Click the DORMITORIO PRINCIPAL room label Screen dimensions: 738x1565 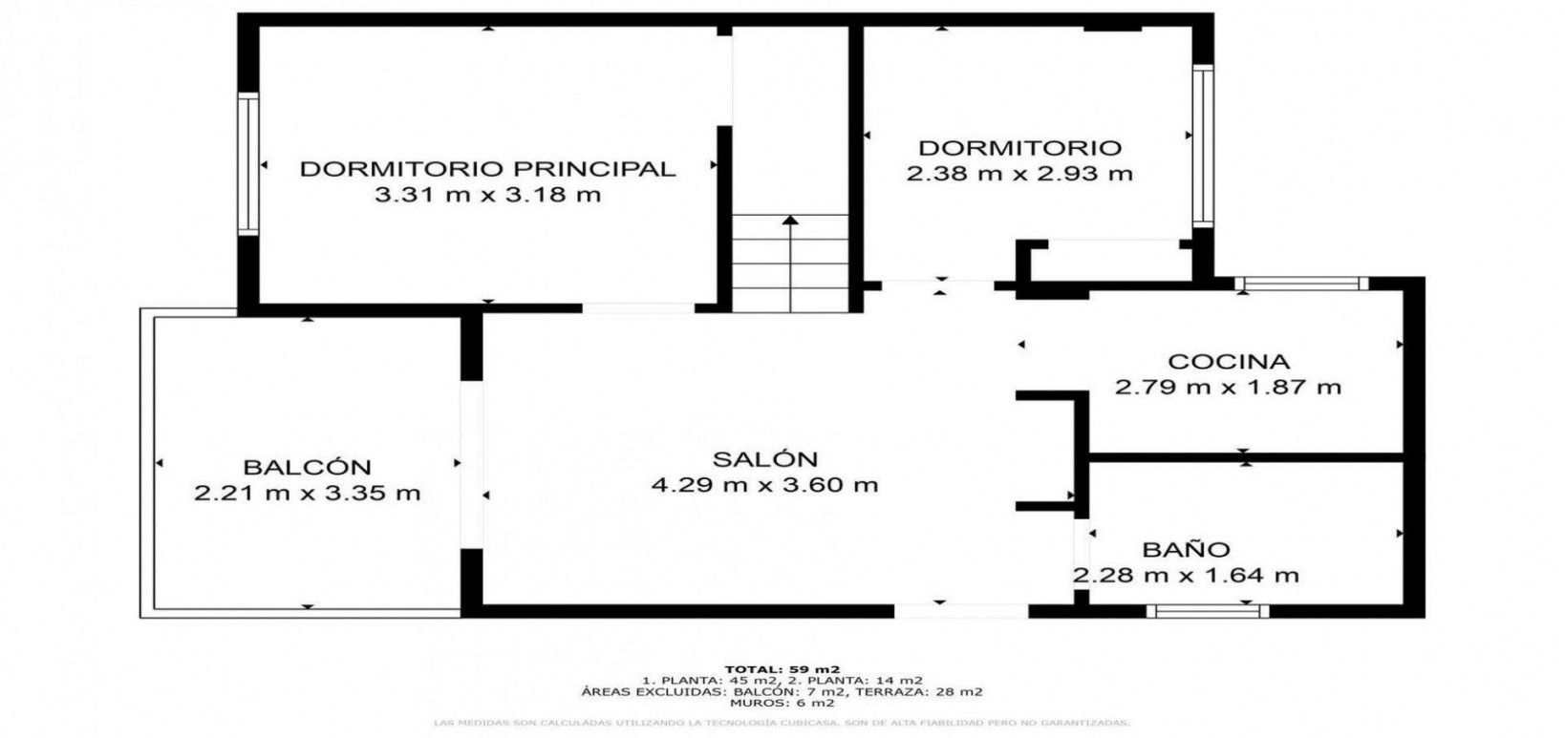(487, 169)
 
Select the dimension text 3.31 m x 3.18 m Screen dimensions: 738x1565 (487, 196)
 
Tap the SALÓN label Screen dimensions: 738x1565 (764, 459)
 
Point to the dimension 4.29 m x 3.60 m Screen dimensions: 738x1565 (764, 485)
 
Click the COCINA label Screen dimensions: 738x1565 (1229, 362)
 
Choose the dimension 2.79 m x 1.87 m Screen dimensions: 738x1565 (1229, 388)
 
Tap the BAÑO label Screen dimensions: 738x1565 (1186, 550)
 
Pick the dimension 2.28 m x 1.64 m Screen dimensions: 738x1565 (1186, 576)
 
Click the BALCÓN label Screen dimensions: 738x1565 (307, 468)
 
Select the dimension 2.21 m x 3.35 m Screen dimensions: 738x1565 (307, 494)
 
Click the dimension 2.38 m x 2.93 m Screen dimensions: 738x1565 (1018, 174)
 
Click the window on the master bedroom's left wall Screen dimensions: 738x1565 (248, 163)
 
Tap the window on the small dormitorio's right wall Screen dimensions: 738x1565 (1202, 145)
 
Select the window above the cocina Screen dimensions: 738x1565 (1300, 283)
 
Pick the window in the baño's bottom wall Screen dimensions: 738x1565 (1209, 610)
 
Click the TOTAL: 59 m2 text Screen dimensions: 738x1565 (782, 668)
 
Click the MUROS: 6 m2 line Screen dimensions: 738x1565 (782, 703)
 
